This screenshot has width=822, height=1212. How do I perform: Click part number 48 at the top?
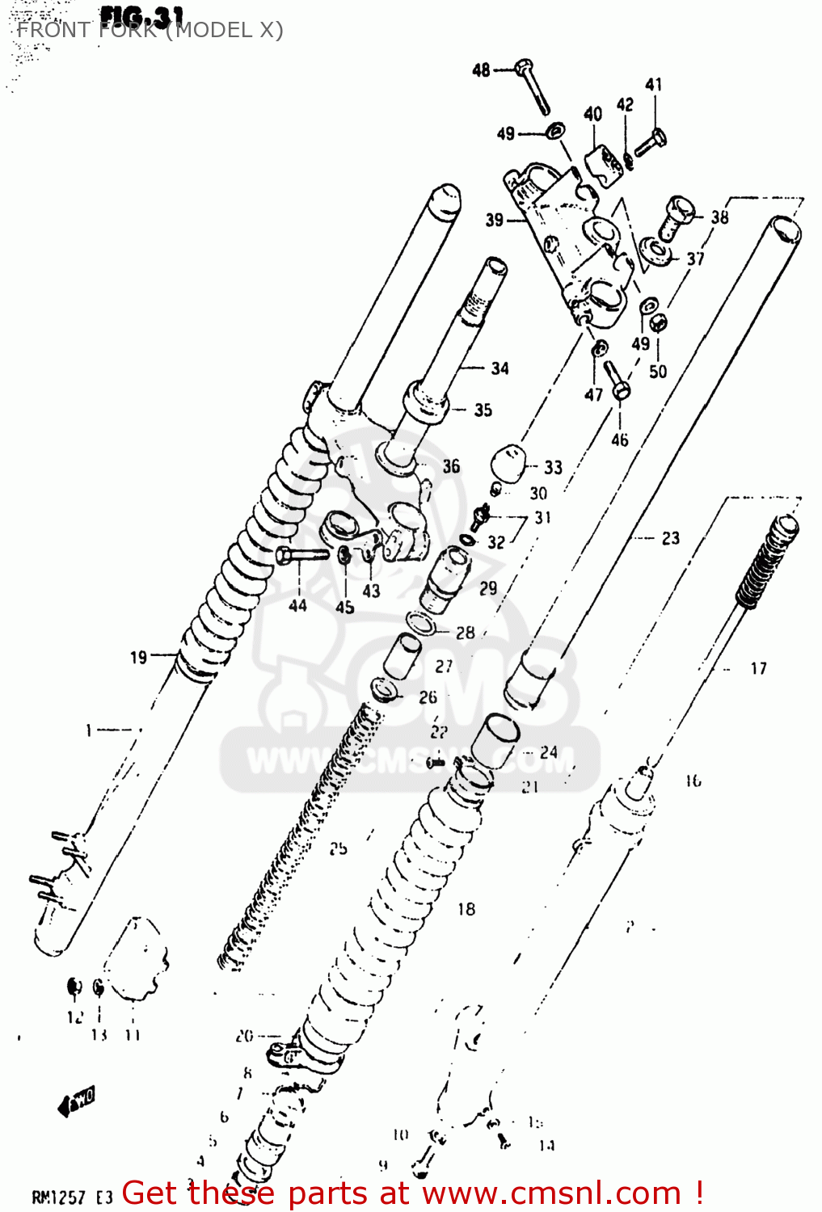pos(481,70)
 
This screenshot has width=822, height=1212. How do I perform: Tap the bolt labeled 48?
pos(533,86)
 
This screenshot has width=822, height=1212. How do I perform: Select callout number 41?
pos(654,84)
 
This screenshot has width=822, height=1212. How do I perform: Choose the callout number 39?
pos(495,220)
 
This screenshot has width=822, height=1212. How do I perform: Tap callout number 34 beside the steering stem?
pos(500,368)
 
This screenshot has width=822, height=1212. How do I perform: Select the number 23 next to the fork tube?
pos(671,538)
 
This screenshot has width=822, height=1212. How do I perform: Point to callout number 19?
pos(139,657)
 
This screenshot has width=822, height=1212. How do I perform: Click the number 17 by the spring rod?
pos(758,668)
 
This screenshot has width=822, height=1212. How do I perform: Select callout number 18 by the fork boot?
pos(466,909)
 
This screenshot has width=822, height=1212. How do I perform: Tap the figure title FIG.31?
pos(142,15)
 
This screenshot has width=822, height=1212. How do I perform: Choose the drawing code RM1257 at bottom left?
pos(58,1197)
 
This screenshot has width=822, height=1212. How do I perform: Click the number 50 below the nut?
pos(658,371)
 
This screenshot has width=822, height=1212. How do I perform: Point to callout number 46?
pos(620,440)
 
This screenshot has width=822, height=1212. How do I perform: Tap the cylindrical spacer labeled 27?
pos(402,654)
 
